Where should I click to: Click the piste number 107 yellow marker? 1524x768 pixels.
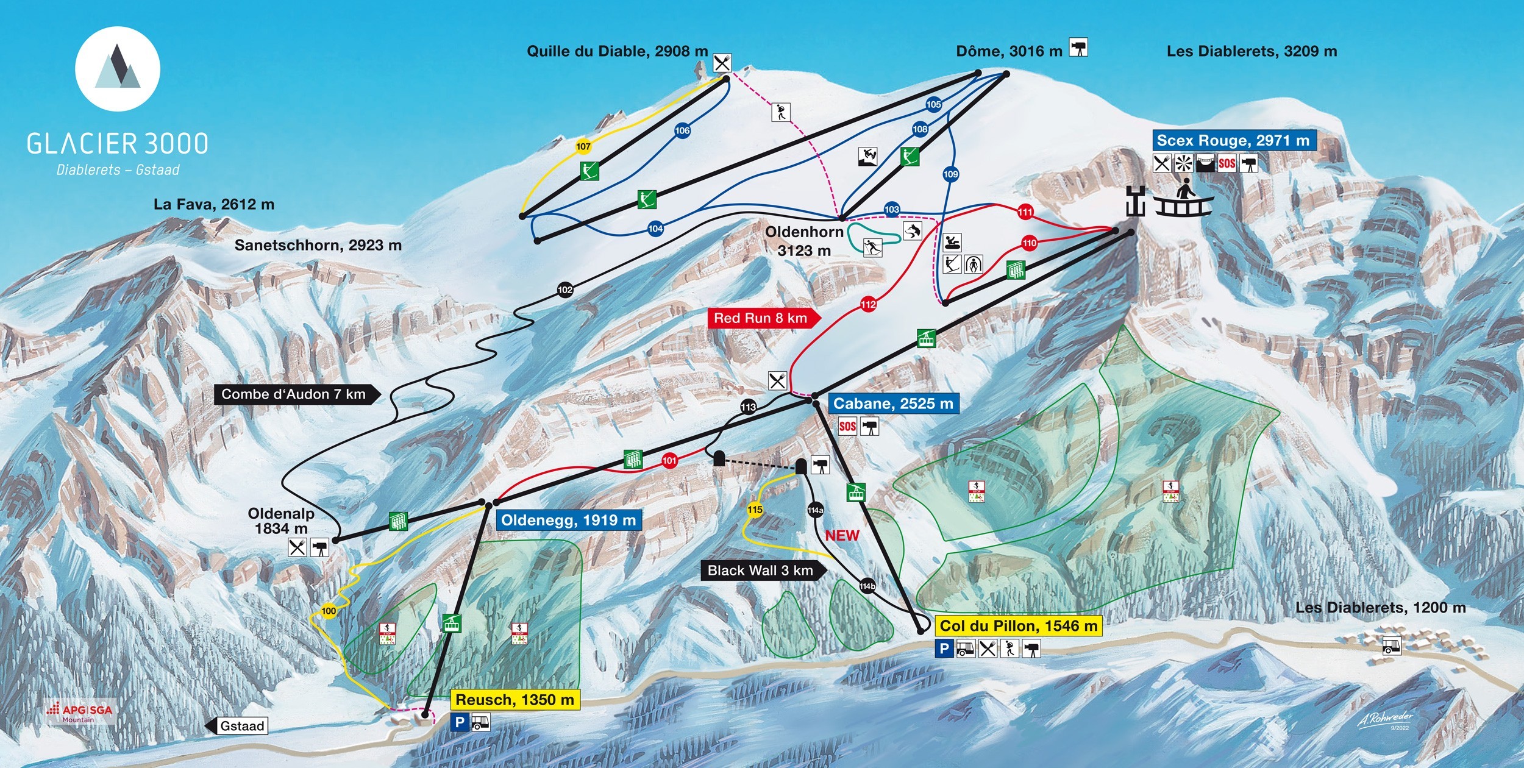point(583,146)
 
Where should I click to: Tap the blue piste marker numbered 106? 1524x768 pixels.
point(682,130)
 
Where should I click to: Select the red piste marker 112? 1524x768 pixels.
point(868,304)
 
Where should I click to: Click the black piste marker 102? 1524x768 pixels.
point(565,290)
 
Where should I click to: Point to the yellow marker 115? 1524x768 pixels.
point(755,510)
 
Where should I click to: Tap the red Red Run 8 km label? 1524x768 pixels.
point(761,318)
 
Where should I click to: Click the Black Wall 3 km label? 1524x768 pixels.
point(760,571)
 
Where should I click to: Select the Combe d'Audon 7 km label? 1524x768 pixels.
point(294,394)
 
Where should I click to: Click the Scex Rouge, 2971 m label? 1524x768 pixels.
point(1233,140)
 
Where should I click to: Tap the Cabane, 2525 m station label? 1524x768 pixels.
point(892,404)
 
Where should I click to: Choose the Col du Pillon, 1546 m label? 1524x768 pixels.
point(1018,626)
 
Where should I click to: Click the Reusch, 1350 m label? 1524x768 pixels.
point(515,700)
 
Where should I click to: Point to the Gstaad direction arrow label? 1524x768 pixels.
point(238,726)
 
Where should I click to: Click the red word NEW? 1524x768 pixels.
point(842,536)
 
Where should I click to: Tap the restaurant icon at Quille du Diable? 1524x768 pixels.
point(722,63)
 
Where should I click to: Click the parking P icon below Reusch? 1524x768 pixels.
point(460,723)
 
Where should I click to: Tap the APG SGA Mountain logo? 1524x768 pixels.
point(80,713)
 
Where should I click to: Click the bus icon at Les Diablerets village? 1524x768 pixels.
point(1392,645)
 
